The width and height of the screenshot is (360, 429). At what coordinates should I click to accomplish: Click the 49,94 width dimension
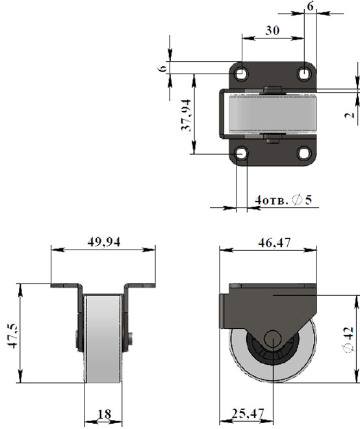(104, 242)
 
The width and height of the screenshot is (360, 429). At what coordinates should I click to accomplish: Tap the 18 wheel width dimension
(104, 414)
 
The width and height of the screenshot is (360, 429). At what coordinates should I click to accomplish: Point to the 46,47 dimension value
(274, 242)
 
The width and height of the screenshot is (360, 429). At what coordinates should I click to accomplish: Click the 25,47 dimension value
(248, 413)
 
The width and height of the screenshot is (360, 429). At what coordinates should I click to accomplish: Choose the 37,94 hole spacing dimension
(186, 115)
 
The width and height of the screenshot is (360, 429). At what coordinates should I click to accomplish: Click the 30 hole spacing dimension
(272, 31)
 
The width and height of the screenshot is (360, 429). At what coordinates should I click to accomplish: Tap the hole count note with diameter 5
(283, 200)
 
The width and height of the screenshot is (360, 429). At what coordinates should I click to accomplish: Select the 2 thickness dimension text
(350, 115)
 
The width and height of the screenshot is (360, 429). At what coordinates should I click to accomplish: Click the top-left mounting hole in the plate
(241, 73)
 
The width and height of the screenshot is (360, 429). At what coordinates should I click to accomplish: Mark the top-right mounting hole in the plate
(303, 73)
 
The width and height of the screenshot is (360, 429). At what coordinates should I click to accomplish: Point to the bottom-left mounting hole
(241, 153)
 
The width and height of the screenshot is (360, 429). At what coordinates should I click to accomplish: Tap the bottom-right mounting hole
(303, 153)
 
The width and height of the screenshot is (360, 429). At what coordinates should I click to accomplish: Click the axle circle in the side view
(272, 338)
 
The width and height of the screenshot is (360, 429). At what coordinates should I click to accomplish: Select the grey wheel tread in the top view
(272, 112)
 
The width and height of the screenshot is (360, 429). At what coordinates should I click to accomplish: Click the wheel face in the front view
(103, 339)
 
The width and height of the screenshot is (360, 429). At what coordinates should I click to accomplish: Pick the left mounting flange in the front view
(66, 285)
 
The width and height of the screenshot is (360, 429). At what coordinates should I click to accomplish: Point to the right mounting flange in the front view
(140, 285)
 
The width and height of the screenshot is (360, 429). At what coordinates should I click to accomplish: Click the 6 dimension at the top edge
(310, 6)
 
